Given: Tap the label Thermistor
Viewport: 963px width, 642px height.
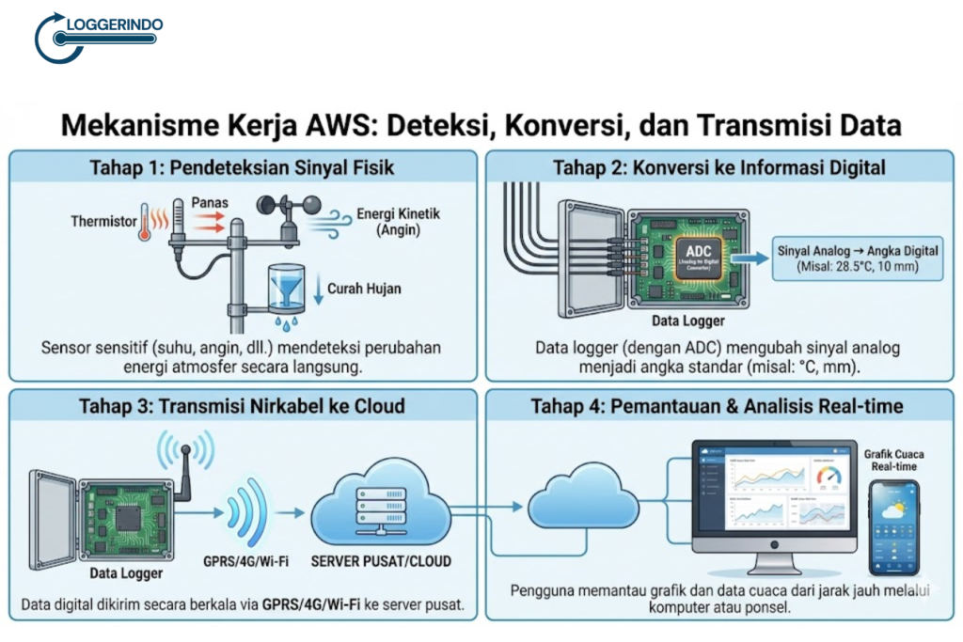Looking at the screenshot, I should [102, 222].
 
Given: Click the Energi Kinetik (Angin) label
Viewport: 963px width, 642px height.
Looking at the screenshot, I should [399, 222].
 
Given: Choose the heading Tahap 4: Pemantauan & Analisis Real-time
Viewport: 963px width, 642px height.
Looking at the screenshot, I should [717, 406].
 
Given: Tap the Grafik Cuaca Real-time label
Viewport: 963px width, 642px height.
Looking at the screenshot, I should [893, 461].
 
